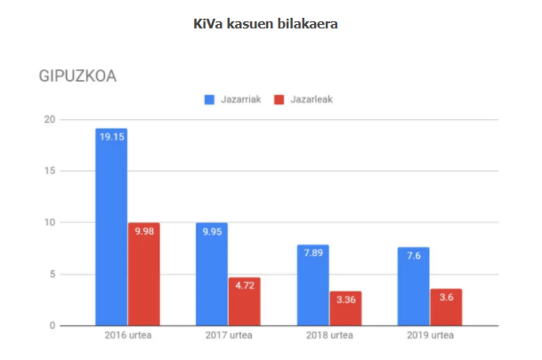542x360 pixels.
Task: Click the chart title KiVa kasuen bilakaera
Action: (x=265, y=24)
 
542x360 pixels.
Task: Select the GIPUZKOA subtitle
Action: (x=77, y=76)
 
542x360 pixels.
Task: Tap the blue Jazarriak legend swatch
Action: (x=209, y=99)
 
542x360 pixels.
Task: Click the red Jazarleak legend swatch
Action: (x=279, y=99)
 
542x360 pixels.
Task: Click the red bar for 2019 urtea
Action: (x=446, y=310)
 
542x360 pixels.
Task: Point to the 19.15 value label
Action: (x=111, y=136)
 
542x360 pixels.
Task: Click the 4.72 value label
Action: (x=244, y=285)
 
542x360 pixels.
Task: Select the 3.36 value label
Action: (x=345, y=299)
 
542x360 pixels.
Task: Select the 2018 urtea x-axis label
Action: (x=329, y=335)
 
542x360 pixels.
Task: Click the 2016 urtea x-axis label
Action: (x=128, y=335)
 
